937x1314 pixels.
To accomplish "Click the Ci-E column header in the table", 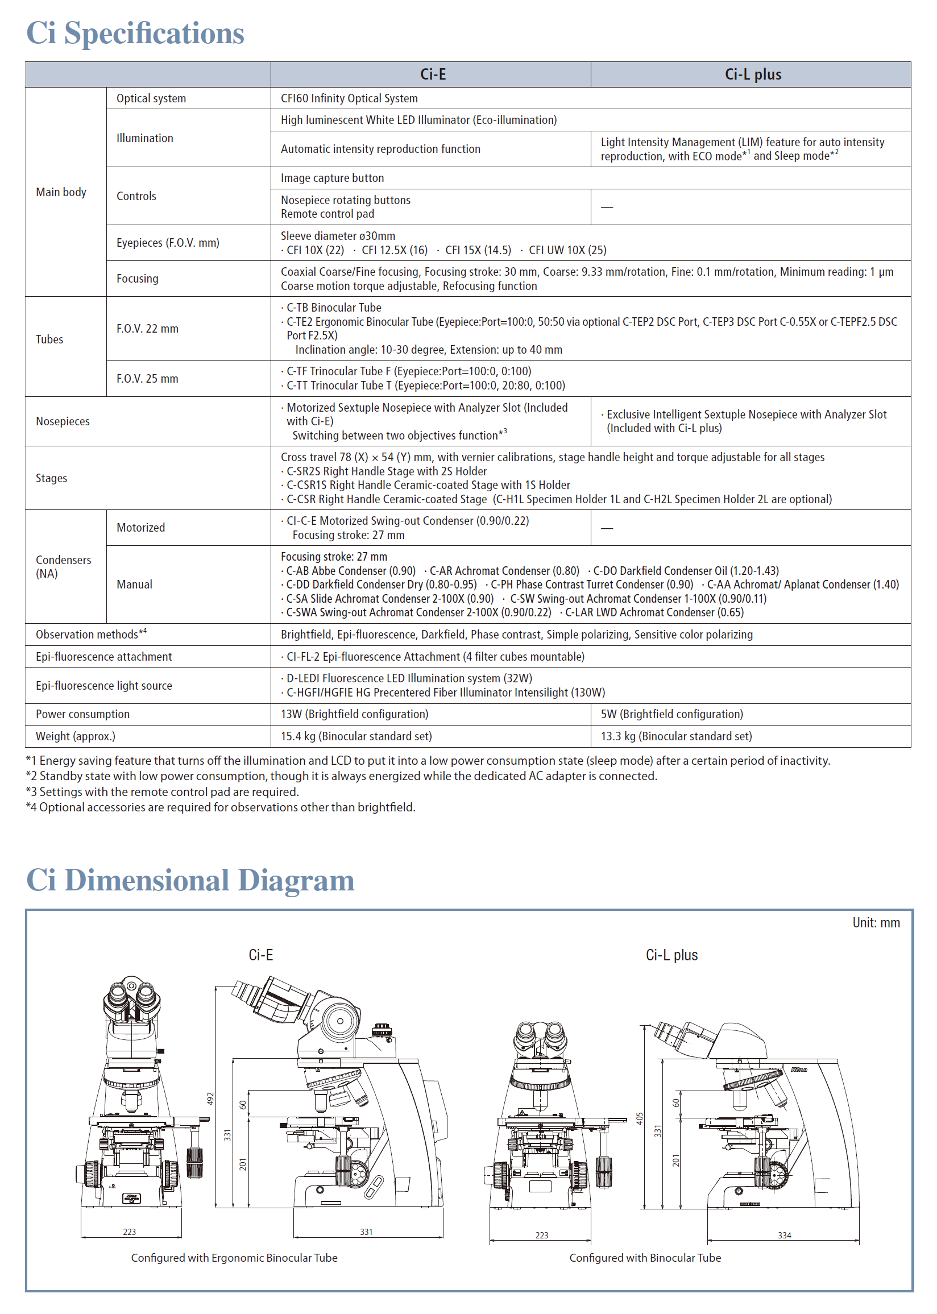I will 432,74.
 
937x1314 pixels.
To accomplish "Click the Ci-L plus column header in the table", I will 752,74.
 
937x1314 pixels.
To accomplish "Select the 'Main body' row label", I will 61,192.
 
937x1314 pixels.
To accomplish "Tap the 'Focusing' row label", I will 138,279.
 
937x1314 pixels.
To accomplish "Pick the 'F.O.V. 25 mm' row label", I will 147,379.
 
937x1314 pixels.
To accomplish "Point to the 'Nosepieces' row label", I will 63,422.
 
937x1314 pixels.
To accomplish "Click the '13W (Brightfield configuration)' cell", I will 354,714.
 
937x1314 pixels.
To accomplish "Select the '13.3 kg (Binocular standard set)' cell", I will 676,736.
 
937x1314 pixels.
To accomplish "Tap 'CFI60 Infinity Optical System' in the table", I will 349,98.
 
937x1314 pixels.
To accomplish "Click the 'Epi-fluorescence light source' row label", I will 104,686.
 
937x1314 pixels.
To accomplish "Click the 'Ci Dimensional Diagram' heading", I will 190,880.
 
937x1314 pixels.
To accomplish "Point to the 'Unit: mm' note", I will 875,923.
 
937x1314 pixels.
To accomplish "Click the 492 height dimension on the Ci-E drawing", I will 210,1099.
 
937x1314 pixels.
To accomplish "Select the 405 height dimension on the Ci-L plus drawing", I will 639,1118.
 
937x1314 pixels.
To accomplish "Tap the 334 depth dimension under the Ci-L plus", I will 784,1235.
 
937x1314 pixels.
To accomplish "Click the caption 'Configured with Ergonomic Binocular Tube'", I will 234,1258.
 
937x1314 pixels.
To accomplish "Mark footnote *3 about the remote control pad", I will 162,792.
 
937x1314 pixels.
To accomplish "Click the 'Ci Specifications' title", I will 135,33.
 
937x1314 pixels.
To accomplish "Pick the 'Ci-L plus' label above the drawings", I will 671,955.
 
